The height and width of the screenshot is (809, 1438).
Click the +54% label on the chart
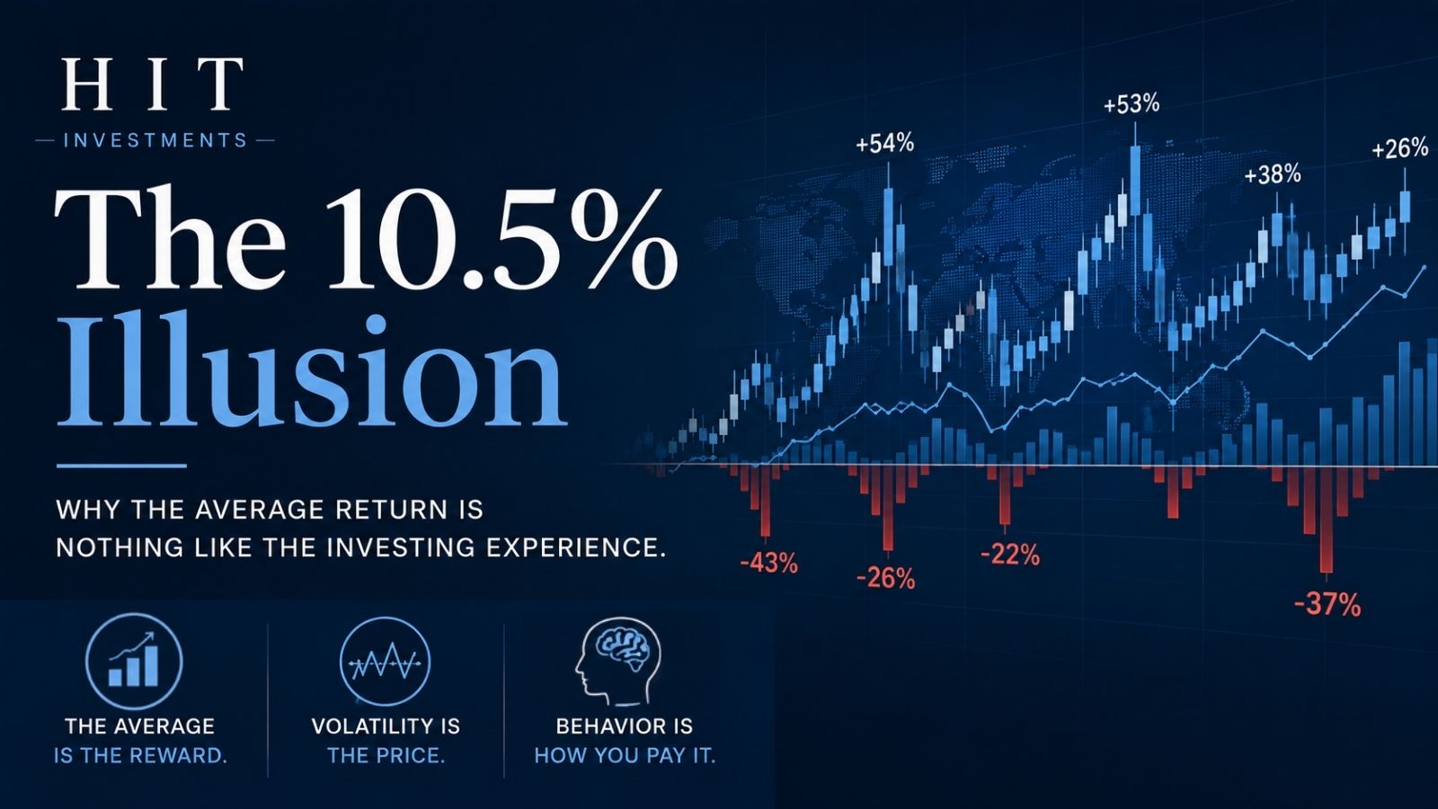pyautogui.click(x=884, y=144)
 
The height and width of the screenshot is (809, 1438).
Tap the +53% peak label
pyautogui.click(x=1132, y=104)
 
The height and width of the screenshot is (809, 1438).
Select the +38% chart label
pyautogui.click(x=1273, y=174)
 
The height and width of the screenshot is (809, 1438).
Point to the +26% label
pyautogui.click(x=1399, y=149)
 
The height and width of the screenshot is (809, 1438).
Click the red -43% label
pyautogui.click(x=769, y=564)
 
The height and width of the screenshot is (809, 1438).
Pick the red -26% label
pyautogui.click(x=886, y=579)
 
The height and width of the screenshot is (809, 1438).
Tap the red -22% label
pyautogui.click(x=1010, y=555)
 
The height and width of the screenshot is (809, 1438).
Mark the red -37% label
pyautogui.click(x=1327, y=605)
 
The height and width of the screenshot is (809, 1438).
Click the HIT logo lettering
pyautogui.click(x=153, y=84)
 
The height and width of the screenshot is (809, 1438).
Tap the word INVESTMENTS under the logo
pyautogui.click(x=155, y=140)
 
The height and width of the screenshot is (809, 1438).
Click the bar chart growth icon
pyautogui.click(x=134, y=662)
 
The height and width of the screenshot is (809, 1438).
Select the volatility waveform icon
pyautogui.click(x=385, y=662)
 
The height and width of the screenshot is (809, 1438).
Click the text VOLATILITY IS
pyautogui.click(x=386, y=726)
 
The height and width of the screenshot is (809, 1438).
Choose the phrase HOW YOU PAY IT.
pyautogui.click(x=625, y=756)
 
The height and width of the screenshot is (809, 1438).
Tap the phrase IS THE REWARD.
pyautogui.click(x=140, y=756)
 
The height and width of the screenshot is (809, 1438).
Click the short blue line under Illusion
pyautogui.click(x=121, y=467)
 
